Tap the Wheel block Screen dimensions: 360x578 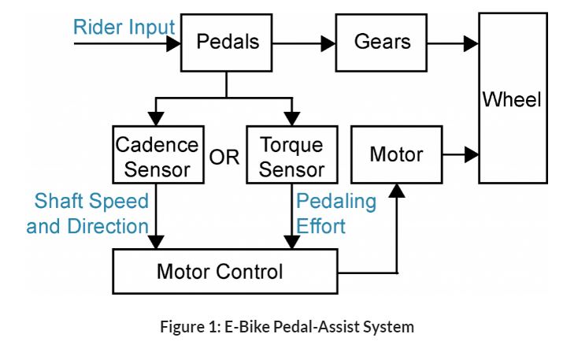click(x=512, y=98)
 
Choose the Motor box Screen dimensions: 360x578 click(x=395, y=154)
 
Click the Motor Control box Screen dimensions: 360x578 click(x=219, y=273)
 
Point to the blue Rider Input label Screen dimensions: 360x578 click(x=124, y=28)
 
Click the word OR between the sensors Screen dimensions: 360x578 click(x=224, y=158)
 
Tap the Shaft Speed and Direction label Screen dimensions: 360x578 click(x=87, y=213)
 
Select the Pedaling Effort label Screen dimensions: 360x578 click(x=336, y=213)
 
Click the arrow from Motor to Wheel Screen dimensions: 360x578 click(x=461, y=154)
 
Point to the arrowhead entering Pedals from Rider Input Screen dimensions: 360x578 click(x=173, y=43)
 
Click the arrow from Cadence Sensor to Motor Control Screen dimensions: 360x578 click(x=158, y=217)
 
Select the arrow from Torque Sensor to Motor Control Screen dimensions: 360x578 click(x=292, y=217)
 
